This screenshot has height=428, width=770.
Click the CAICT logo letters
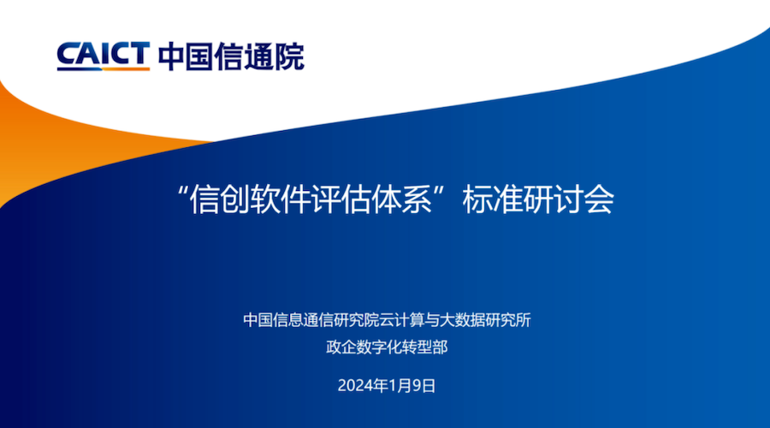(104, 54)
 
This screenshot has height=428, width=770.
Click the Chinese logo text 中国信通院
(231, 56)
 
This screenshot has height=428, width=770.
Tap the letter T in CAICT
(139, 53)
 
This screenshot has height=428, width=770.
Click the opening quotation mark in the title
(183, 191)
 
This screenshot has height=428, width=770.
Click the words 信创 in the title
(220, 199)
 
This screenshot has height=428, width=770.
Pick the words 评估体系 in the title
(372, 199)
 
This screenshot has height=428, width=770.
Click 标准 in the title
(493, 199)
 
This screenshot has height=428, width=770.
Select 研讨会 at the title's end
(569, 199)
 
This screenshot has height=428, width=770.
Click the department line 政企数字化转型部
(387, 348)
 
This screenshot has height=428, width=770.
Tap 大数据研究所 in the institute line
(486, 320)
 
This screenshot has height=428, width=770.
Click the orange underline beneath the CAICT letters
(127, 68)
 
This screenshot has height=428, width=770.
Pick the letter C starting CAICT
(68, 54)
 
